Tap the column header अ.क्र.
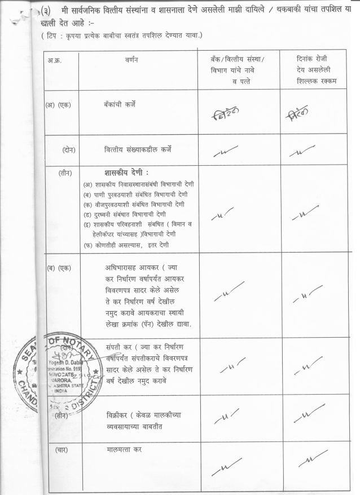[55, 59]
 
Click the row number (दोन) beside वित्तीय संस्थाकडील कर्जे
[69, 149]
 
